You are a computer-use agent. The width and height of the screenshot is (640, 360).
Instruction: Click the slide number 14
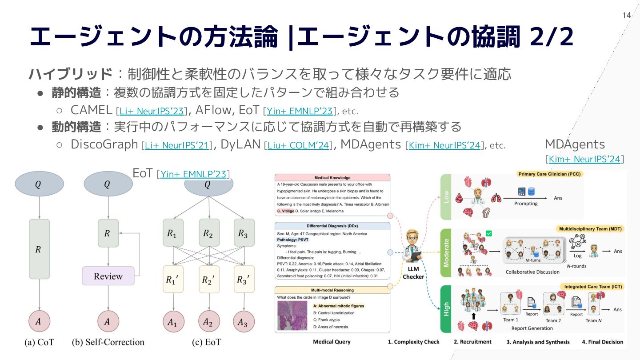[627, 16]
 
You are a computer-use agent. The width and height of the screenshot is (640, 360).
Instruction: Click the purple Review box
[108, 276]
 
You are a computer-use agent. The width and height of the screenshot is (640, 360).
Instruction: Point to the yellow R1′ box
[173, 279]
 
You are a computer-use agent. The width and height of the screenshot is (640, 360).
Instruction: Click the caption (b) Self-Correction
[108, 342]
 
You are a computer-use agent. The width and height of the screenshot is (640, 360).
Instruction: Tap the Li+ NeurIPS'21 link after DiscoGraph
[177, 145]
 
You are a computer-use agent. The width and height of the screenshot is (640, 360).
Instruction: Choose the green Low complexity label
[446, 197]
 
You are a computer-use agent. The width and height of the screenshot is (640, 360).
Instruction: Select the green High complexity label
[446, 309]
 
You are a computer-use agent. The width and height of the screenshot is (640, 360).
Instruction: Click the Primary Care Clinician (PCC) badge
[550, 174]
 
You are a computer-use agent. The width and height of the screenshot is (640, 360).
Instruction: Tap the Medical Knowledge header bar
[332, 178]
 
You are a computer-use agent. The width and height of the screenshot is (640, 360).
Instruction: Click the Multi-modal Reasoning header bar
[332, 290]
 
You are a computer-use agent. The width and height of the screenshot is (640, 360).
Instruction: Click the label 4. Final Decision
[603, 342]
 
